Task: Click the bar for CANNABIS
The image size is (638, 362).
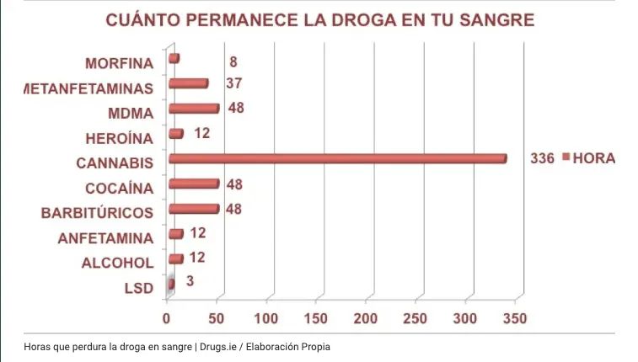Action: [337, 158]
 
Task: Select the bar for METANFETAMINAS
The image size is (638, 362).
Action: [188, 83]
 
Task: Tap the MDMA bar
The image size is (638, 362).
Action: [193, 109]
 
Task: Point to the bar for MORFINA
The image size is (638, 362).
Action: [174, 58]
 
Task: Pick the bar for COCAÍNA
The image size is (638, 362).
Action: [193, 184]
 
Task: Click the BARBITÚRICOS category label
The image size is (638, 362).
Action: [97, 212]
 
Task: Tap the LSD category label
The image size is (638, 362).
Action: [138, 288]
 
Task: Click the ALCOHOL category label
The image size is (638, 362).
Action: [117, 263]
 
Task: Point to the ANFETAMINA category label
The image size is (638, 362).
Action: [105, 238]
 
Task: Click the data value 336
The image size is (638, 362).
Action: [542, 158]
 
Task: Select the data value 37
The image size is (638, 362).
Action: [233, 83]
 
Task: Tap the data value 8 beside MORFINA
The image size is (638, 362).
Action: [233, 61]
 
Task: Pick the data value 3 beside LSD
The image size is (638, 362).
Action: [190, 280]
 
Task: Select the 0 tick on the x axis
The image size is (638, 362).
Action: [167, 319]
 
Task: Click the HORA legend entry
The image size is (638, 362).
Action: [593, 158]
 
